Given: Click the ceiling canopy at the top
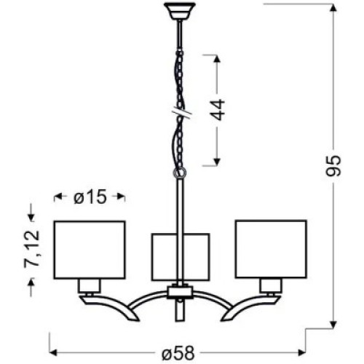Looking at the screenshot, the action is (180, 11).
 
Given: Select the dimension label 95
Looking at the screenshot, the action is (333, 165).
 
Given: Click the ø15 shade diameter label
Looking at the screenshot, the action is (90, 197).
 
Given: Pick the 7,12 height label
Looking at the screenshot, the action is (31, 249).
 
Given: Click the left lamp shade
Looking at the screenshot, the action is (90, 250).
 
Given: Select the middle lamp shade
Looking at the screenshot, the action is (181, 257).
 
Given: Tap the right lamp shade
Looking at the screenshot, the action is (271, 249).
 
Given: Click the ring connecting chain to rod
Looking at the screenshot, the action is (180, 173).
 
